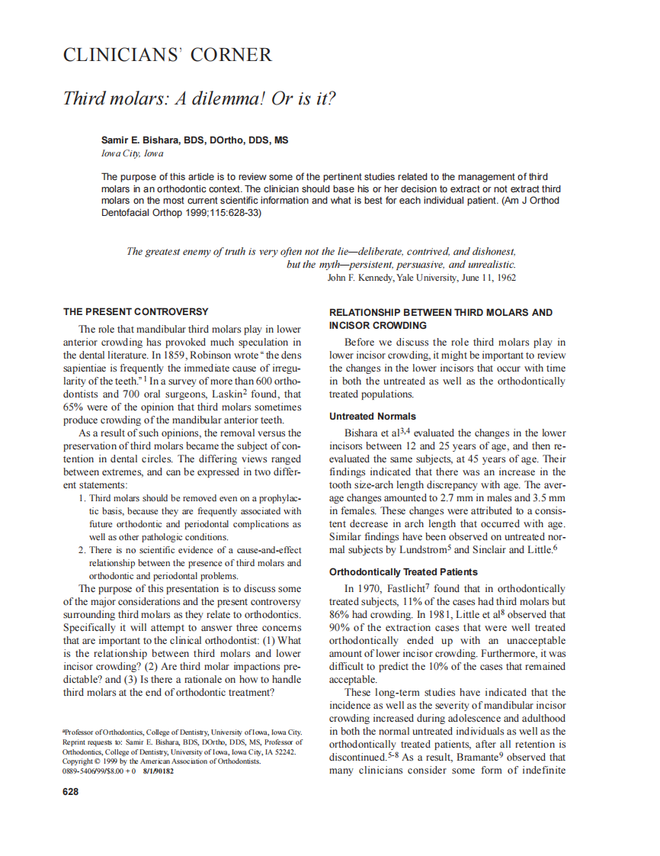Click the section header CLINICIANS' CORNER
pyautogui.click(x=167, y=55)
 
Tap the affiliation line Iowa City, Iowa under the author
pyautogui.click(x=132, y=153)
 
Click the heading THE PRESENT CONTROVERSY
pyautogui.click(x=135, y=312)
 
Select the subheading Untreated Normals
pyautogui.click(x=372, y=417)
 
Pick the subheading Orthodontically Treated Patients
pyautogui.click(x=403, y=571)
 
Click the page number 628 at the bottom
pyautogui.click(x=70, y=791)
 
